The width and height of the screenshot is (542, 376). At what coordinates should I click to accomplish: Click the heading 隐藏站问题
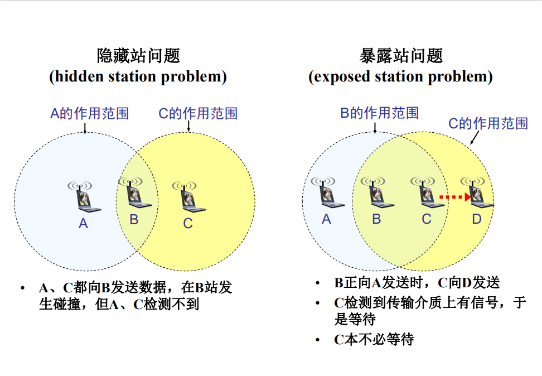pyautogui.click(x=138, y=56)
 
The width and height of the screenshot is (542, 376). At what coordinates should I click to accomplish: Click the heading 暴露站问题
pyautogui.click(x=401, y=56)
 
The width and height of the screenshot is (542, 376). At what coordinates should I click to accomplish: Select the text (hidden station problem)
pyautogui.click(x=138, y=76)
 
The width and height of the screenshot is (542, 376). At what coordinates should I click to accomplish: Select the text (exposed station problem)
pyautogui.click(x=401, y=76)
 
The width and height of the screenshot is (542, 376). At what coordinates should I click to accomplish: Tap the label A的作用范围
pyautogui.click(x=90, y=114)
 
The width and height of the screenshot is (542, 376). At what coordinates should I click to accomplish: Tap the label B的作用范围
pyautogui.click(x=380, y=113)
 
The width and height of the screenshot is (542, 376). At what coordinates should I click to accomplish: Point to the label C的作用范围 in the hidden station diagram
pyautogui.click(x=198, y=114)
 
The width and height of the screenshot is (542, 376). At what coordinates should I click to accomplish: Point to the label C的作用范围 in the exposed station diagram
pyautogui.click(x=488, y=123)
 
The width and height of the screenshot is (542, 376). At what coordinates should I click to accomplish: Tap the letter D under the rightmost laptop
pyautogui.click(x=477, y=219)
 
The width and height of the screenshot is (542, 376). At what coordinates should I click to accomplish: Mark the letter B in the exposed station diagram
pyautogui.click(x=376, y=219)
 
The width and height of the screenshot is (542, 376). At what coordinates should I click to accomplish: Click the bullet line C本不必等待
pyautogui.click(x=374, y=339)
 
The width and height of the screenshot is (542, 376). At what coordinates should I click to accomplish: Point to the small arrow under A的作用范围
pyautogui.click(x=85, y=129)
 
